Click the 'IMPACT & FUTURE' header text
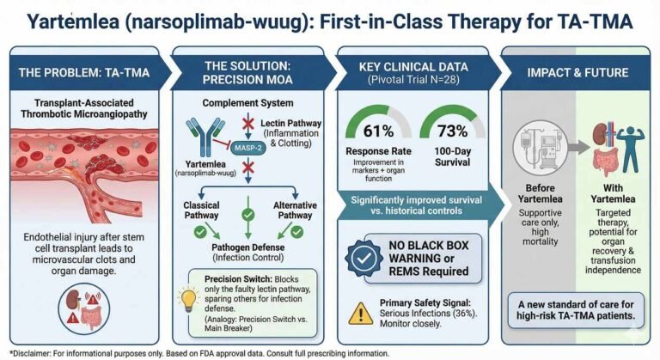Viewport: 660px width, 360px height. click(x=577, y=72)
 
